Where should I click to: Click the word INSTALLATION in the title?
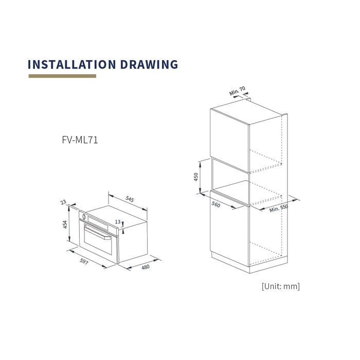point(71,64)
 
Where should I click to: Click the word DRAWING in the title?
point(149,64)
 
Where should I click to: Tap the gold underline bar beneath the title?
point(62,76)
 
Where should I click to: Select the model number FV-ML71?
point(80,140)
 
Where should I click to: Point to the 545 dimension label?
point(130,199)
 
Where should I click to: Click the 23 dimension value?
point(63,202)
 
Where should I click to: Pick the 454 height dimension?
point(65,224)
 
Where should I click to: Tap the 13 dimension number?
point(118,222)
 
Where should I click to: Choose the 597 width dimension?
point(84,261)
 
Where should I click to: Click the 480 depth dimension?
point(146,267)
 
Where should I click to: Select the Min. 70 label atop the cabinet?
point(237,91)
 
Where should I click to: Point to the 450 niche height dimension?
point(195,177)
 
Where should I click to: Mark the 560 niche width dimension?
point(216,204)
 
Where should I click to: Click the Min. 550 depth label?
point(279,208)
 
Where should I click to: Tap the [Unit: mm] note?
point(281,286)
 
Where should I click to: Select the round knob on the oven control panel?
point(84,217)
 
